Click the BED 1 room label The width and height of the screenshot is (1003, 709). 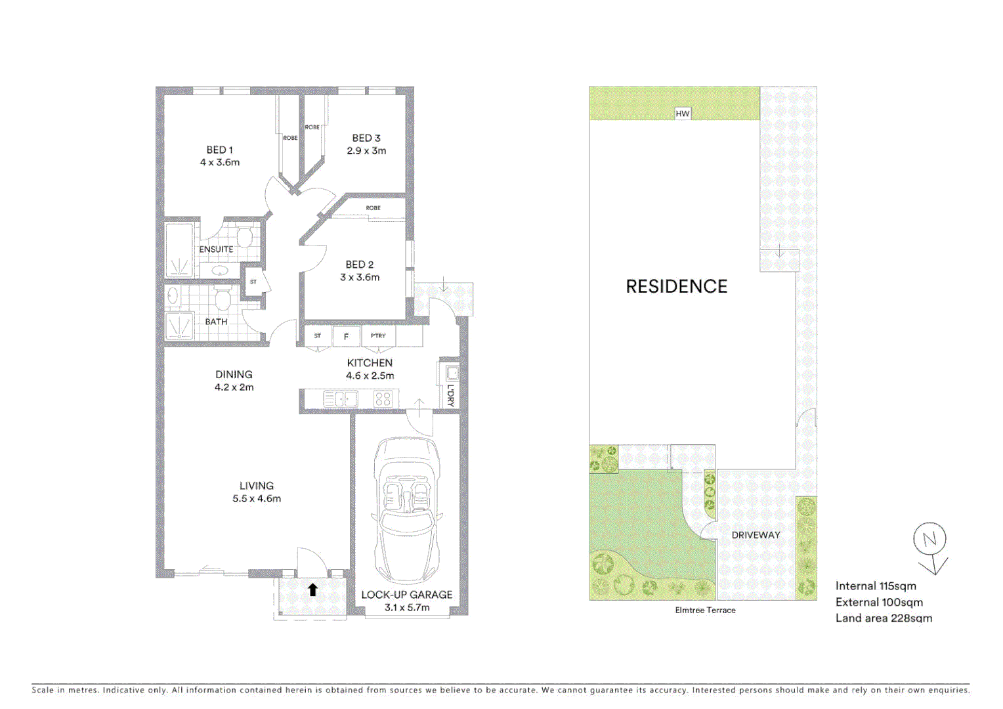tap(219, 150)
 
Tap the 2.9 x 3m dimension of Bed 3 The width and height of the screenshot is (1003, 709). tap(366, 151)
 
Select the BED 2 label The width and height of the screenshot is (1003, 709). tap(359, 265)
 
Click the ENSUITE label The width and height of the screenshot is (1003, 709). tap(216, 249)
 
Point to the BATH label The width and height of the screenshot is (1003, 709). tap(216, 322)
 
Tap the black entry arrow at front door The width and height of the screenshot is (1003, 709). tap(313, 590)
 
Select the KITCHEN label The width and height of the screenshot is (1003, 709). tap(370, 363)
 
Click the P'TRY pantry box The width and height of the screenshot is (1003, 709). tap(378, 336)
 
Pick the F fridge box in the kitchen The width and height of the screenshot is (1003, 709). tap(346, 337)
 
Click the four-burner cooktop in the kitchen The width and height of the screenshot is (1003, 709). tap(383, 398)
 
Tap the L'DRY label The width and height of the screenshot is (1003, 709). tap(450, 395)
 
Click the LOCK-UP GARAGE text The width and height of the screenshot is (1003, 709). tap(406, 595)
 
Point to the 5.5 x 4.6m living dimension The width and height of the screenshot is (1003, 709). tap(256, 499)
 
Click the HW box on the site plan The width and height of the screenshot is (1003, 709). tap(683, 114)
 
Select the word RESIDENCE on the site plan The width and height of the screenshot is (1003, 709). tap(676, 286)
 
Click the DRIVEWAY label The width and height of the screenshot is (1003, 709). tap(756, 535)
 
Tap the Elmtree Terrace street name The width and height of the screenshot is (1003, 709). tap(705, 611)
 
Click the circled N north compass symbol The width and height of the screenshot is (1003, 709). tap(929, 540)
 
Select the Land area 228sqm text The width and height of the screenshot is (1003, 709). tap(884, 618)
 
